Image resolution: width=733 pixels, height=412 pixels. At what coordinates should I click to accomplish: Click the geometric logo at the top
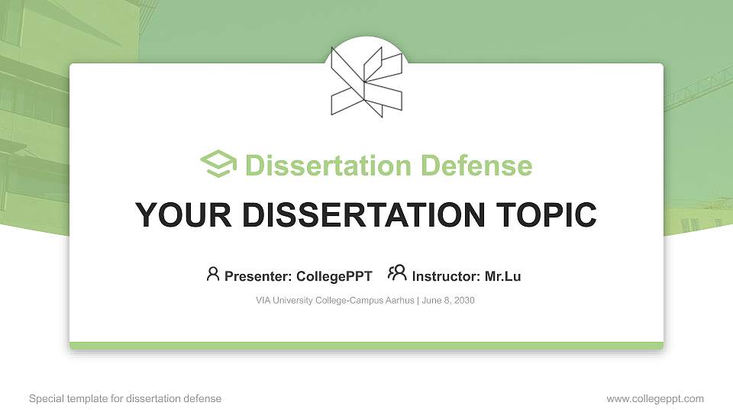366,81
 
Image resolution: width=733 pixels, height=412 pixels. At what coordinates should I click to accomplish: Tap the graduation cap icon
218,164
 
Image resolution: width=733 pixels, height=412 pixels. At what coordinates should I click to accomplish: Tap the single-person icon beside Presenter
213,274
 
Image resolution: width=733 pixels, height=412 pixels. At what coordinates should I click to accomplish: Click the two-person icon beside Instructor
397,273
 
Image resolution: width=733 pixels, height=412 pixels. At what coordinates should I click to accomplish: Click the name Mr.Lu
502,276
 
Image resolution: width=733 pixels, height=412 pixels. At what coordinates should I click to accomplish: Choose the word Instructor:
446,276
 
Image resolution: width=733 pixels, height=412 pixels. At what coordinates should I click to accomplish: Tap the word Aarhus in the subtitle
397,301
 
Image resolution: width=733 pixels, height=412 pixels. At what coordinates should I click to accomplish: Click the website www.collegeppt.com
655,398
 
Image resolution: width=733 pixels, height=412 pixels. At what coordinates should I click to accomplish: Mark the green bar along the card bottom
366,346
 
